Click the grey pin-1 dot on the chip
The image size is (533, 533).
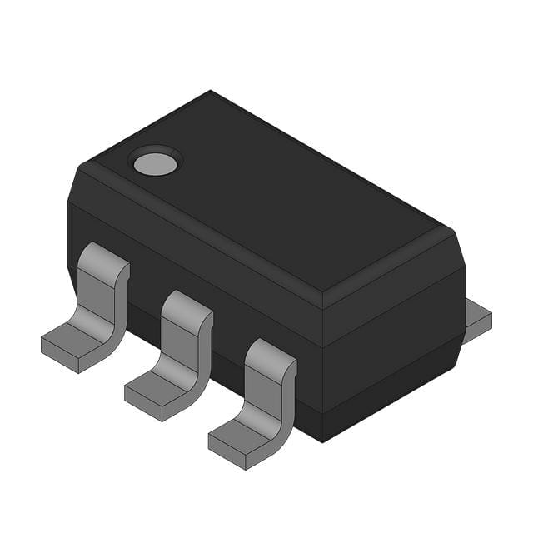pyautogui.click(x=156, y=163)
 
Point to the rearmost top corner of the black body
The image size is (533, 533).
pyautogui.click(x=210, y=92)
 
